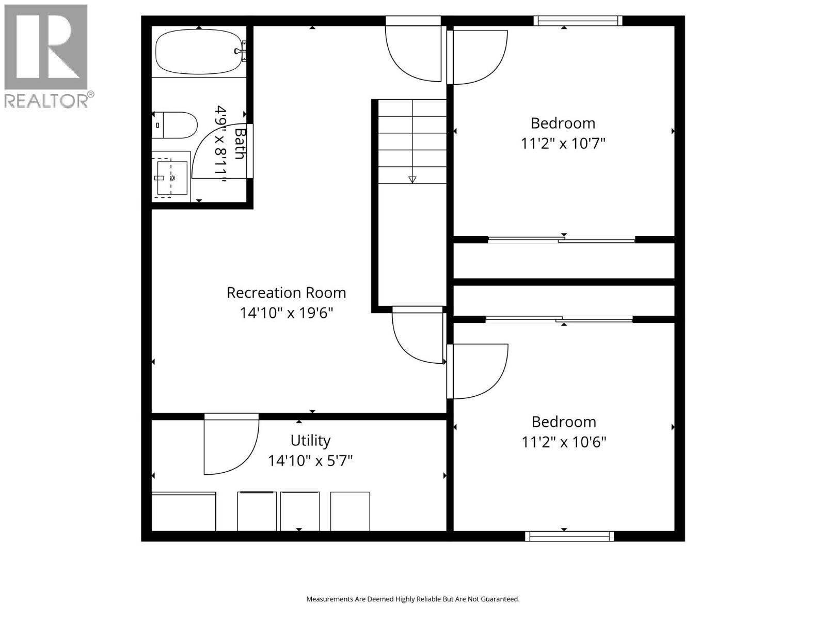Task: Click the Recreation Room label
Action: pos(286,293)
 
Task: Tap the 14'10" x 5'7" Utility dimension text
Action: pos(310,460)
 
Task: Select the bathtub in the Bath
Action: pos(199,52)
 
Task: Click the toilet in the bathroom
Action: pos(176,125)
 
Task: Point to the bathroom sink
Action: pos(171,178)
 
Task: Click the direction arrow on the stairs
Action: pos(412,179)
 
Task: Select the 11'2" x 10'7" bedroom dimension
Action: pos(563,143)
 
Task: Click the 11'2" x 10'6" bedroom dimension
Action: pos(564,442)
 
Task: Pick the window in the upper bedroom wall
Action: pos(578,21)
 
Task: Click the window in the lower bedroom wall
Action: pos(569,536)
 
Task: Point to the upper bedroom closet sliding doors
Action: pos(562,239)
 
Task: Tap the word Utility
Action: pos(310,441)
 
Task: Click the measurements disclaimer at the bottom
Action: pos(412,599)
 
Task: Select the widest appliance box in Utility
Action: pos(184,512)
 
